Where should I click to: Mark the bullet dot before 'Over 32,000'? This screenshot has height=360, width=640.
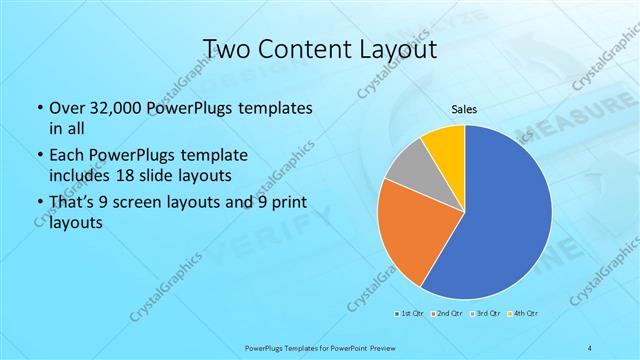pos(38,108)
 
